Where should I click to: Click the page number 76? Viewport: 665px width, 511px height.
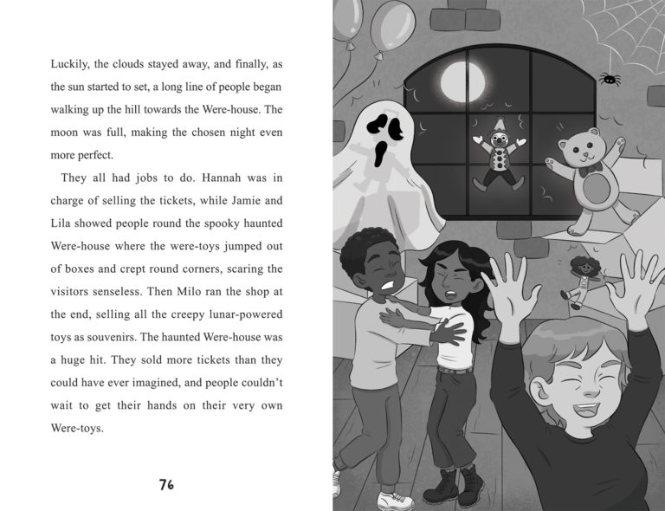click(x=167, y=484)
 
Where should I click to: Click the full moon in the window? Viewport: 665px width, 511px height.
click(x=460, y=81)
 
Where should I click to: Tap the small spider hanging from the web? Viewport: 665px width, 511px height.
click(x=610, y=79)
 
